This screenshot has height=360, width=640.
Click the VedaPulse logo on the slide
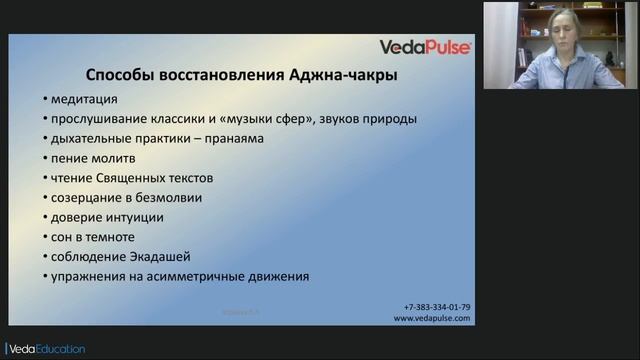(x=425, y=47)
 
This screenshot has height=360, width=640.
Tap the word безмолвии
(x=167, y=197)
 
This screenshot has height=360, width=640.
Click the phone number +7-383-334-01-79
(x=437, y=307)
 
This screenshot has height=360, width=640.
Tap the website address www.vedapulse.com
(x=432, y=318)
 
